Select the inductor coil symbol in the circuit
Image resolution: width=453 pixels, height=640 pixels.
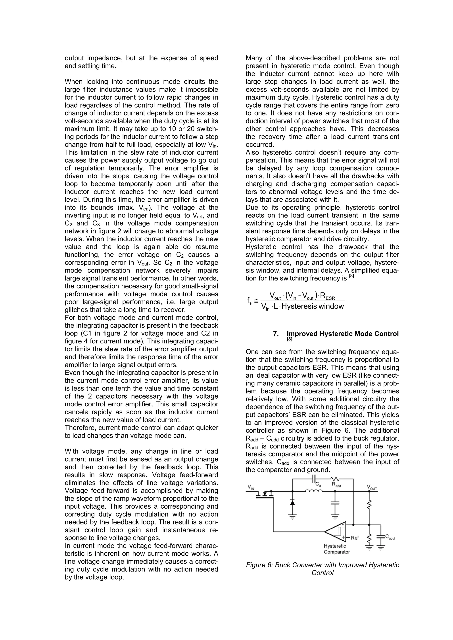tap(314, 491)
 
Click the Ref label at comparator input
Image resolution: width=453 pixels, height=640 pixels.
tap(355, 538)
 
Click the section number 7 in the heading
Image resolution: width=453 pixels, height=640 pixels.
tap(276, 334)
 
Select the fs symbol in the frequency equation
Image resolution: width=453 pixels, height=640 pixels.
tap(249, 301)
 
